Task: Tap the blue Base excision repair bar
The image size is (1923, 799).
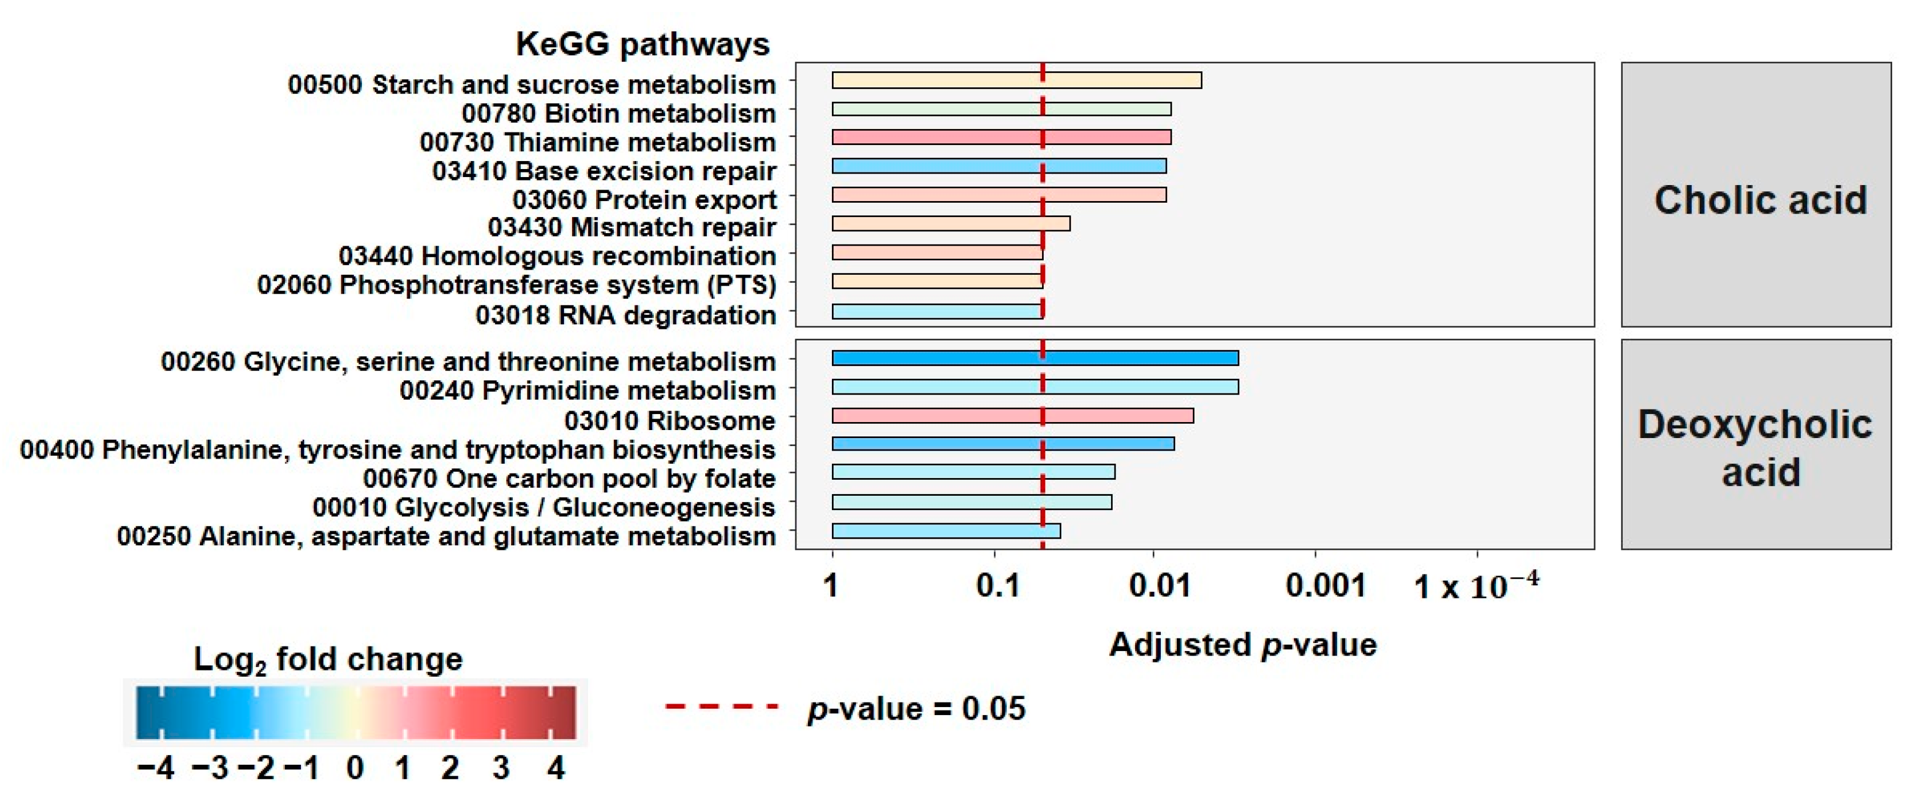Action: tap(998, 166)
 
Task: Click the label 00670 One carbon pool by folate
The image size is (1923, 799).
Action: tap(569, 479)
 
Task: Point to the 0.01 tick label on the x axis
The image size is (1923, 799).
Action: tap(1158, 585)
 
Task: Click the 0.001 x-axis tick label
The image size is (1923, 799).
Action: tap(1325, 585)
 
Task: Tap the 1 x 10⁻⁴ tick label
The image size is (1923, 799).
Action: tap(1476, 585)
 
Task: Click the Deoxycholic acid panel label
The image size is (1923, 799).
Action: tap(1755, 447)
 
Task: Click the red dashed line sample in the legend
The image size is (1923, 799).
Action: tap(721, 706)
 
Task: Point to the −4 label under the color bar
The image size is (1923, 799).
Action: tap(155, 768)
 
